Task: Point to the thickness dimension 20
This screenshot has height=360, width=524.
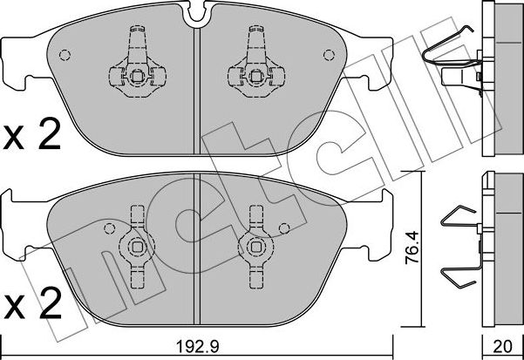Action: (501, 346)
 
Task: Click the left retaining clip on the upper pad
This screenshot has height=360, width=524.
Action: (135, 65)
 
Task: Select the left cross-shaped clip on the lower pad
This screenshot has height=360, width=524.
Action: (135, 239)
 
